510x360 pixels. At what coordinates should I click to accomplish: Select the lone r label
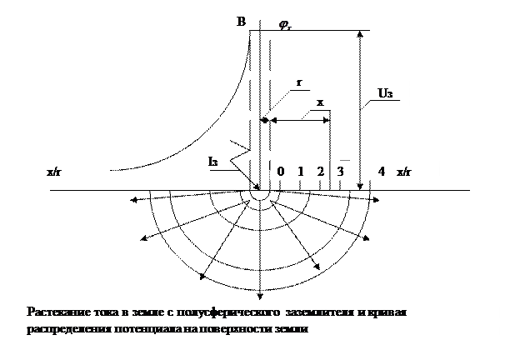click(x=299, y=82)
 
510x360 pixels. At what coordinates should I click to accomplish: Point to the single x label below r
click(x=319, y=102)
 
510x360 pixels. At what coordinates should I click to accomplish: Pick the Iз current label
click(x=213, y=160)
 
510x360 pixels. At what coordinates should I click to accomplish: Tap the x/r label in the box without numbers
click(x=53, y=171)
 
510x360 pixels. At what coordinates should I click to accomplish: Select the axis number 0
click(x=281, y=171)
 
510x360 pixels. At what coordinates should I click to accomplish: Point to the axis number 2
click(x=320, y=171)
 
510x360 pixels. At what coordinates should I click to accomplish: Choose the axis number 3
click(x=340, y=171)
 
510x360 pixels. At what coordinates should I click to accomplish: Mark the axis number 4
click(x=382, y=171)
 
